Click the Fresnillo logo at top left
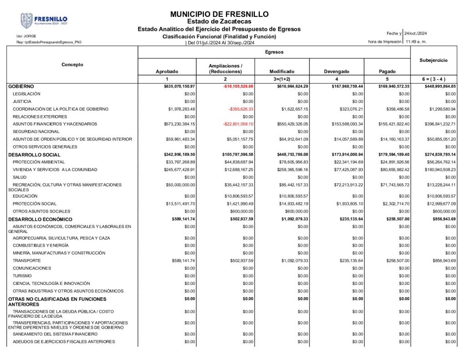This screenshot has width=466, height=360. point(44,20)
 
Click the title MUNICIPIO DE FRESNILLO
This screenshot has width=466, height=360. point(219,14)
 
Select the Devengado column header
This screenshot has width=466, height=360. point(336,71)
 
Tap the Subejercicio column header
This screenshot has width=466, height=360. point(433,60)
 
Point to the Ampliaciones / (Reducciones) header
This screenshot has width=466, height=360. point(225,69)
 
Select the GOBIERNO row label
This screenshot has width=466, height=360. point(21,86)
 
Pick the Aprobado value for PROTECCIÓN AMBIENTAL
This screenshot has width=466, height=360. point(181,162)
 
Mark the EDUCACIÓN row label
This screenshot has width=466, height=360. point(25,196)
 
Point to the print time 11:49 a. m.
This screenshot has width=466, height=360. point(416,41)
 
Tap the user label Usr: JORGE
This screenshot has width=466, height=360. point(26,36)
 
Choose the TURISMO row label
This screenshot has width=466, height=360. point(22,276)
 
